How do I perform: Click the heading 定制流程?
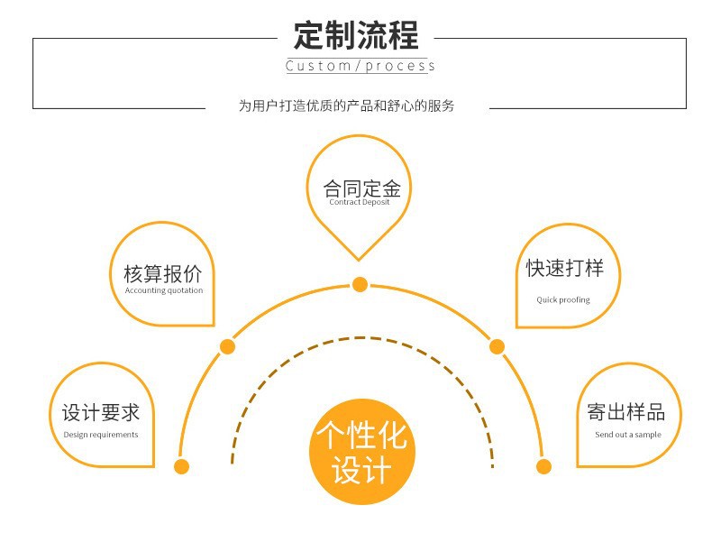[356, 35]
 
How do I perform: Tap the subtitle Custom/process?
[360, 66]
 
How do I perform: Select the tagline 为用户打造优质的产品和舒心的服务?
[347, 106]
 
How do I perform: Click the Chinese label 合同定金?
[360, 188]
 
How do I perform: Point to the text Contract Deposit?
[360, 203]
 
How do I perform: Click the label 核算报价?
[163, 274]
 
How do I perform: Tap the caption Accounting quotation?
[164, 290]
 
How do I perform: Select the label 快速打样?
[565, 269]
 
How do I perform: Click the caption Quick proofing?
[563, 299]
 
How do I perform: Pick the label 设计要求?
[101, 413]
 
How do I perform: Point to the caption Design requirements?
[101, 435]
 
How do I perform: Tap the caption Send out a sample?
[628, 435]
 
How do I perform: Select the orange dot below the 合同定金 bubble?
[360, 285]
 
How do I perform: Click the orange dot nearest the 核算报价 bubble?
[227, 346]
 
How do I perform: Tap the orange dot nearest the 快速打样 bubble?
[497, 346]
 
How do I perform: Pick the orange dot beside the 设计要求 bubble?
[181, 466]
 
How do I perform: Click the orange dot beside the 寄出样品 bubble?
[543, 466]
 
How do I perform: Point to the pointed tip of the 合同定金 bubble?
[360, 261]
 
